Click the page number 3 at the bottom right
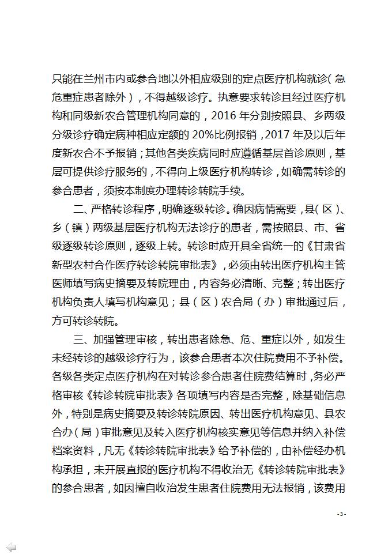[341, 514]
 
